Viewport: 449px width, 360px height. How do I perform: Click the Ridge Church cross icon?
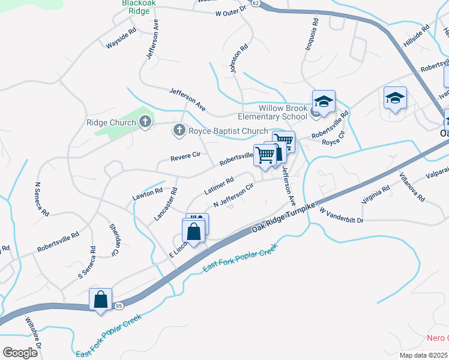(x=145, y=122)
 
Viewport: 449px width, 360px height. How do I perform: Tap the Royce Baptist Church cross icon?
(x=179, y=130)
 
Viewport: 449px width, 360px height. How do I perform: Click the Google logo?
(x=20, y=352)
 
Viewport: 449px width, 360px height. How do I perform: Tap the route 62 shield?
(x=256, y=3)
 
